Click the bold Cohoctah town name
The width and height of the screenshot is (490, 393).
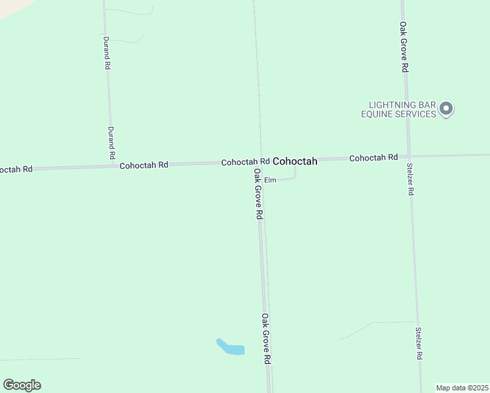point(295,161)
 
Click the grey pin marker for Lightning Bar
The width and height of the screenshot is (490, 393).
point(446,109)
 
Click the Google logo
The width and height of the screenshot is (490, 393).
point(22,385)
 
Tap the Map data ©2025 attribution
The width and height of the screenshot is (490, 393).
point(462,388)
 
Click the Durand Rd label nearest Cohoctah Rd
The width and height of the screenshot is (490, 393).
point(111,143)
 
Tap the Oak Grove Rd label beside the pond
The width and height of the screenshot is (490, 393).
point(266,339)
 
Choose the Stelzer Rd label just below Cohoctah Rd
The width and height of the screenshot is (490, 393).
point(411,179)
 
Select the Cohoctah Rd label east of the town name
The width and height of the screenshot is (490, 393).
point(373,158)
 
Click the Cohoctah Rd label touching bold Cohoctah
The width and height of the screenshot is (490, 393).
point(245,162)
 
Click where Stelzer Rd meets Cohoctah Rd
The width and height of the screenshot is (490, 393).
point(409,157)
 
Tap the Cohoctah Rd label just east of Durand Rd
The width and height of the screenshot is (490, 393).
point(144,165)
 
